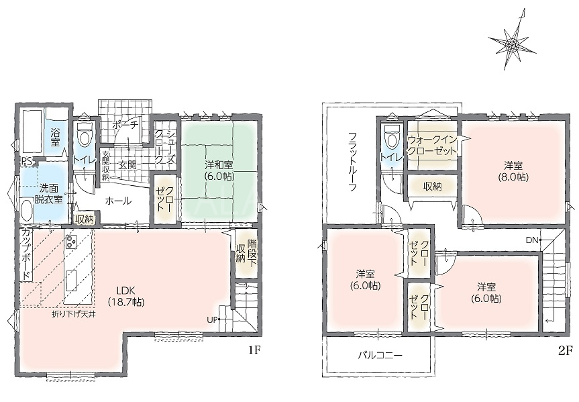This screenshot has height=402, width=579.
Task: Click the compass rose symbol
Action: [x=512, y=45]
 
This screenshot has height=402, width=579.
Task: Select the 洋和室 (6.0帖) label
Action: [x=219, y=170]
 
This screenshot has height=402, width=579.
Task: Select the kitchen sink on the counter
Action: [x=72, y=281]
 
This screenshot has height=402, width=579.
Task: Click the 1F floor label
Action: [x=254, y=350]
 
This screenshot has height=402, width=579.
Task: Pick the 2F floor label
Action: [x=565, y=350]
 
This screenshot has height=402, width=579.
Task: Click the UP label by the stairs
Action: [x=212, y=320]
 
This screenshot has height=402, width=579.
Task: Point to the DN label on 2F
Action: [x=532, y=240]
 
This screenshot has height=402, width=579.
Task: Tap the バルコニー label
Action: [x=380, y=356]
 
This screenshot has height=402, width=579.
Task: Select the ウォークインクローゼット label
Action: [x=432, y=146]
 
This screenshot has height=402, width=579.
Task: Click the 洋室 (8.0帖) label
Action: [x=515, y=171]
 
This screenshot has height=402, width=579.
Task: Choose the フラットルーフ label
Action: [x=352, y=162]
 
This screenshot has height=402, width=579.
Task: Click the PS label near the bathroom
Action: [x=26, y=160]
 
